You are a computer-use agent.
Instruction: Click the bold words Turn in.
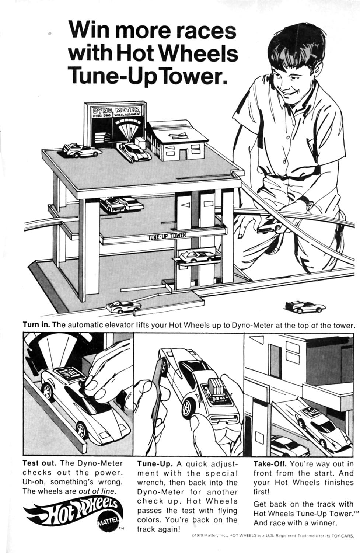pyautogui.click(x=36, y=325)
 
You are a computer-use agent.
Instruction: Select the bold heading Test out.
pyautogui.click(x=39, y=463)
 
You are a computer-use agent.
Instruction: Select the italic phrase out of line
pyautogui.click(x=97, y=491)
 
